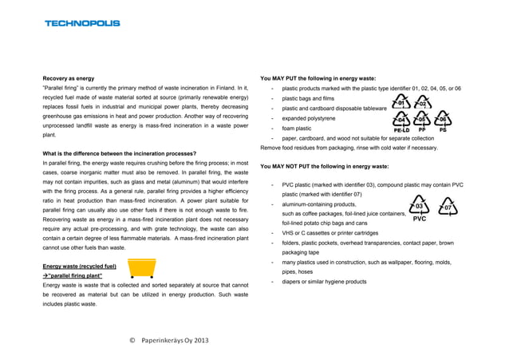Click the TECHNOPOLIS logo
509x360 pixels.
tap(82, 23)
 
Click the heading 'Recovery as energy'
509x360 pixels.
tap(69, 78)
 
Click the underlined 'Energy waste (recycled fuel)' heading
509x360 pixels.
tap(80, 265)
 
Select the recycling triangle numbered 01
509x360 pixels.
tap(402, 102)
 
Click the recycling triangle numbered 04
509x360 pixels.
tap(402, 120)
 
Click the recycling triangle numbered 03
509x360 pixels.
tap(420, 206)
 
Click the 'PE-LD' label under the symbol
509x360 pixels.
tap(402, 131)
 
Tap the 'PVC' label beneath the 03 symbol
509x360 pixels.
tap(420, 218)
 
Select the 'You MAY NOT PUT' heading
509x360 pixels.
tap(314, 166)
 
